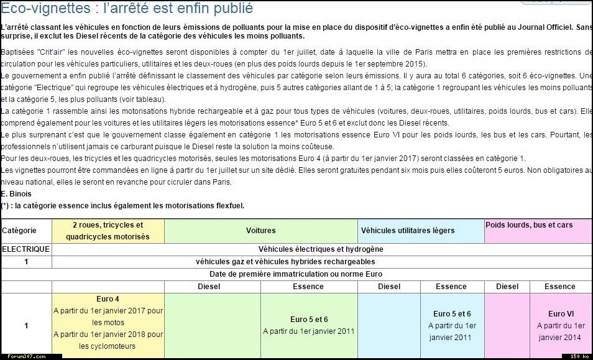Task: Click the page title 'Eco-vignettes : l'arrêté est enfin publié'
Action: (127, 9)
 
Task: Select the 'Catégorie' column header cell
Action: (19, 231)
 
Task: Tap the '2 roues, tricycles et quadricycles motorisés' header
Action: (108, 231)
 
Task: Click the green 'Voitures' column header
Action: (261, 231)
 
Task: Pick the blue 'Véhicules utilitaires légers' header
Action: (408, 231)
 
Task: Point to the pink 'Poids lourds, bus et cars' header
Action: (529, 224)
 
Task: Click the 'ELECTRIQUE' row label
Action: (25, 249)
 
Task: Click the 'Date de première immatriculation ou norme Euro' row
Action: (295, 274)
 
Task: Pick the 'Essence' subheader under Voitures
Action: (308, 287)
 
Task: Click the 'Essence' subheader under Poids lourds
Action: (560, 287)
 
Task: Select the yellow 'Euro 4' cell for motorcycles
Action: (108, 299)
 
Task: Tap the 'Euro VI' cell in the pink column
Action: (561, 314)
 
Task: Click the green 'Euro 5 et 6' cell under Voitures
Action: (308, 320)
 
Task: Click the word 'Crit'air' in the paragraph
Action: (55, 52)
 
